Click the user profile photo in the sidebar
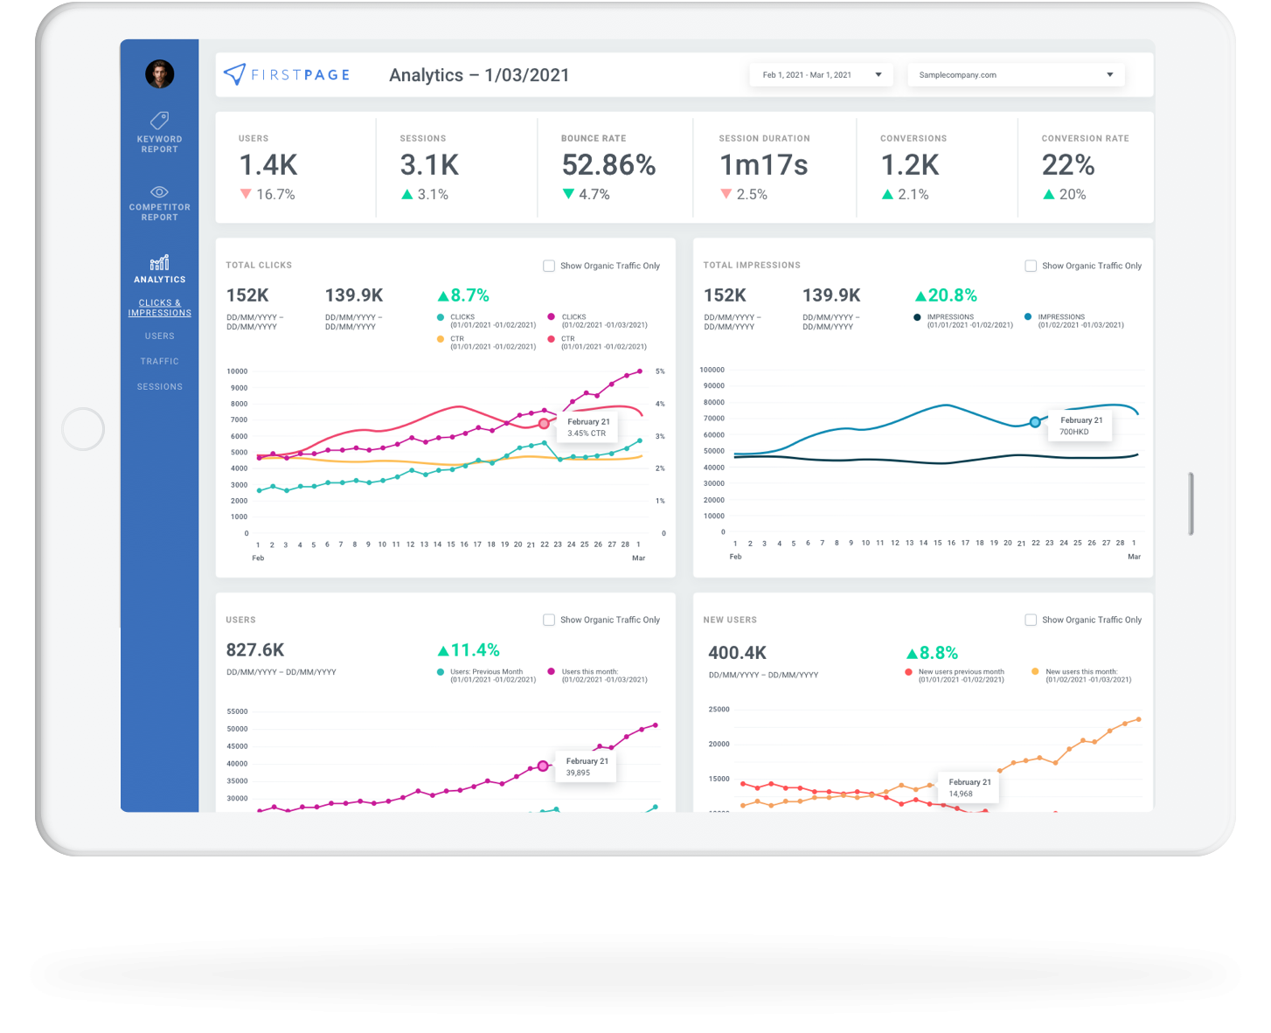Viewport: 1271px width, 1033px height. click(159, 74)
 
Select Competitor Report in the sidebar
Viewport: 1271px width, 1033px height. click(159, 203)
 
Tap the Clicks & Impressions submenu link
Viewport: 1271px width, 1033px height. click(159, 308)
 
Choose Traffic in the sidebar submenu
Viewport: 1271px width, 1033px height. click(159, 361)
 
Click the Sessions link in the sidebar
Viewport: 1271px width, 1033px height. click(159, 386)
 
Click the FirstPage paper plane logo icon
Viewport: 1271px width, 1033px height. click(234, 74)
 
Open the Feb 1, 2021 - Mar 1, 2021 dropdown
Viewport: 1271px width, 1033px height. click(821, 75)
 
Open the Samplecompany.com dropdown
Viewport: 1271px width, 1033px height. click(1015, 75)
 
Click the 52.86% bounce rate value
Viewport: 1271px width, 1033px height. click(608, 165)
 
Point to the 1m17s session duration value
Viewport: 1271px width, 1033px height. click(763, 165)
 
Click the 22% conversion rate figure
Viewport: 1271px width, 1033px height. click(1067, 165)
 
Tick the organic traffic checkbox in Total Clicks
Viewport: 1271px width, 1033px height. click(549, 266)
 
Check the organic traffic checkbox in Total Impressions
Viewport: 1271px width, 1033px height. click(1031, 266)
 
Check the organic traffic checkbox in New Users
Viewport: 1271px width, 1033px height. click(1031, 620)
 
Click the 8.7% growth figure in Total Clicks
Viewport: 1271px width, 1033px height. click(463, 295)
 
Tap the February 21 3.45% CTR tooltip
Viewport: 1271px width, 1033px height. click(588, 427)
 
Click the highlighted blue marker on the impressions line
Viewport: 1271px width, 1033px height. click(1035, 422)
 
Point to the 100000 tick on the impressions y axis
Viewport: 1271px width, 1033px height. click(712, 370)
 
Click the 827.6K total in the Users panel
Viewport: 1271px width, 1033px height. click(255, 650)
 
